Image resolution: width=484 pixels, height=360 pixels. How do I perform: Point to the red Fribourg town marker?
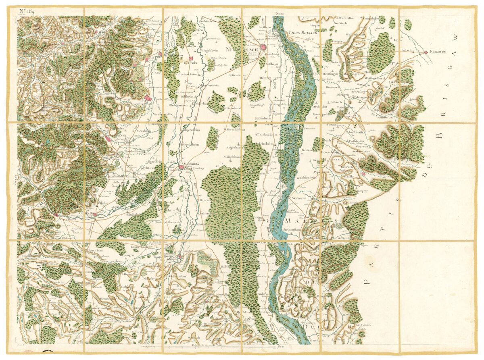426,52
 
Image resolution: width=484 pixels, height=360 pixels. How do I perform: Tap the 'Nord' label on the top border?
280,13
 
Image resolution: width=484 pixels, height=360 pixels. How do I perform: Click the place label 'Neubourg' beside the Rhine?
298,199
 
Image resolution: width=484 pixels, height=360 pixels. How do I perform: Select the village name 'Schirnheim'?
307,177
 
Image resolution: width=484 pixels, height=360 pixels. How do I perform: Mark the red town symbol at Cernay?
94,215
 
